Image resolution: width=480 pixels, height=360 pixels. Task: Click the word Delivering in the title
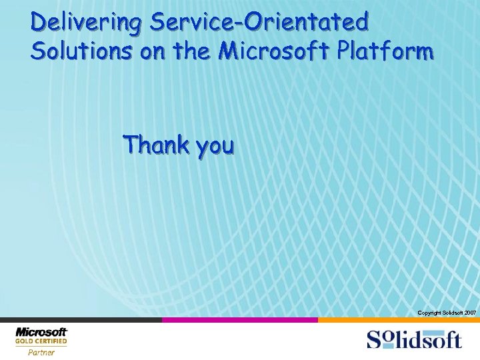pyautogui.click(x=85, y=23)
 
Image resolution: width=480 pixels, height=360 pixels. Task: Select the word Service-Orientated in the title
pyautogui.click(x=259, y=23)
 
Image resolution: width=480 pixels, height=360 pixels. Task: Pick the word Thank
pyautogui.click(x=156, y=144)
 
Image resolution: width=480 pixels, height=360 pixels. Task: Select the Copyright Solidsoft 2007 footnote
pyautogui.click(x=446, y=313)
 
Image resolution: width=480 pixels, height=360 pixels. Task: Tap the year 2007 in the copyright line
pyautogui.click(x=469, y=313)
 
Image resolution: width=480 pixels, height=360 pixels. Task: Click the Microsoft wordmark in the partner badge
pyautogui.click(x=41, y=332)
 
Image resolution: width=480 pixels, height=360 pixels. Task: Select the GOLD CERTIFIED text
pyautogui.click(x=41, y=341)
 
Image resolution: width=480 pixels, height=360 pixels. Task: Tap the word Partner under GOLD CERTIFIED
pyautogui.click(x=41, y=353)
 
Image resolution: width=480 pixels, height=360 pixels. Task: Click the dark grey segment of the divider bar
pyautogui.click(x=80, y=320)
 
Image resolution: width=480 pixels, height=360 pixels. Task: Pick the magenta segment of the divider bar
pyautogui.click(x=240, y=320)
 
